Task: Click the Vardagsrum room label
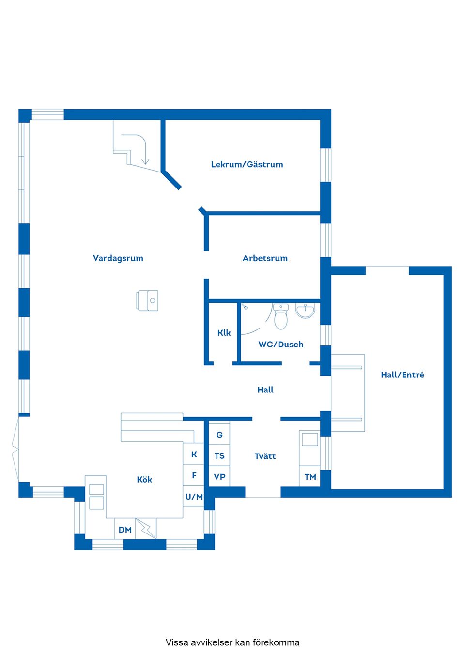118,259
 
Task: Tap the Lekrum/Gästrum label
247,164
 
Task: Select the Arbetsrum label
265,258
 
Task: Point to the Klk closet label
224,333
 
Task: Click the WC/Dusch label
280,345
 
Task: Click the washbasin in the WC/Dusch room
305,311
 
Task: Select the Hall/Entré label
403,375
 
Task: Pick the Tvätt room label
265,456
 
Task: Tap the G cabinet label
219,435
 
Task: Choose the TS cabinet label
219,455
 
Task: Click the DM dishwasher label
125,530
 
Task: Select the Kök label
144,479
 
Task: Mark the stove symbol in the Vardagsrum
147,300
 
